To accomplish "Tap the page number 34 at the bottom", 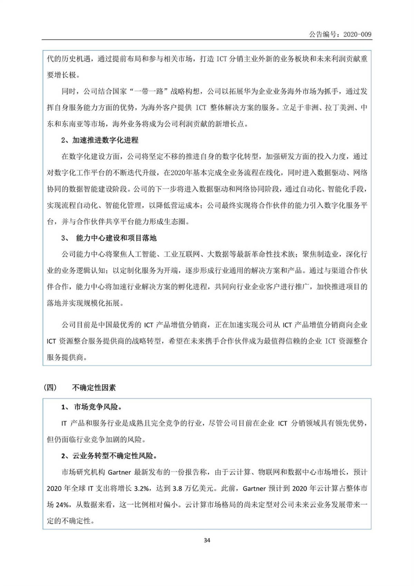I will [207, 540].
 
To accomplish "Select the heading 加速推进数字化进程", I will [105, 140].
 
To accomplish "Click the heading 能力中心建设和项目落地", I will [116, 238].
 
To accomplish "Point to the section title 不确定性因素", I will [94, 387].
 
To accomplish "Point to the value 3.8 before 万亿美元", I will [177, 488].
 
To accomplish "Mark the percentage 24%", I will [62, 505].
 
